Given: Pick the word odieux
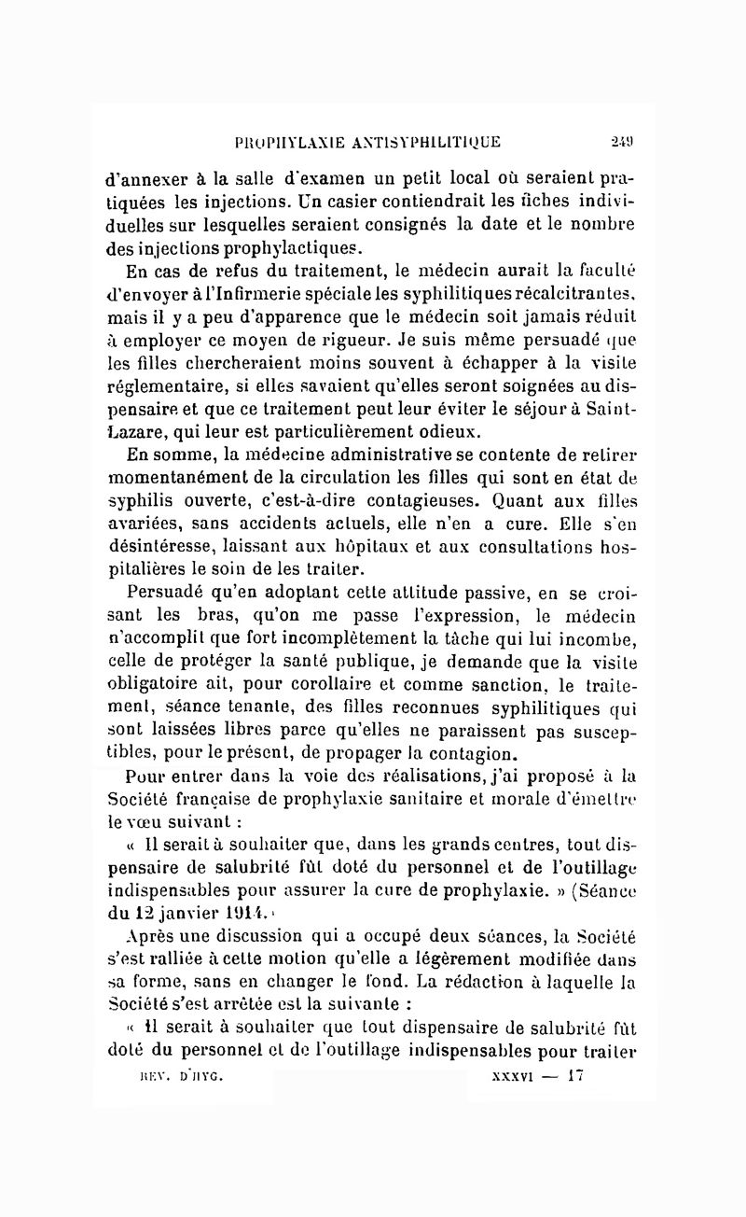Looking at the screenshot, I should coord(447,430).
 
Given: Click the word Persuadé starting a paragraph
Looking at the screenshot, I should coord(163,590).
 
